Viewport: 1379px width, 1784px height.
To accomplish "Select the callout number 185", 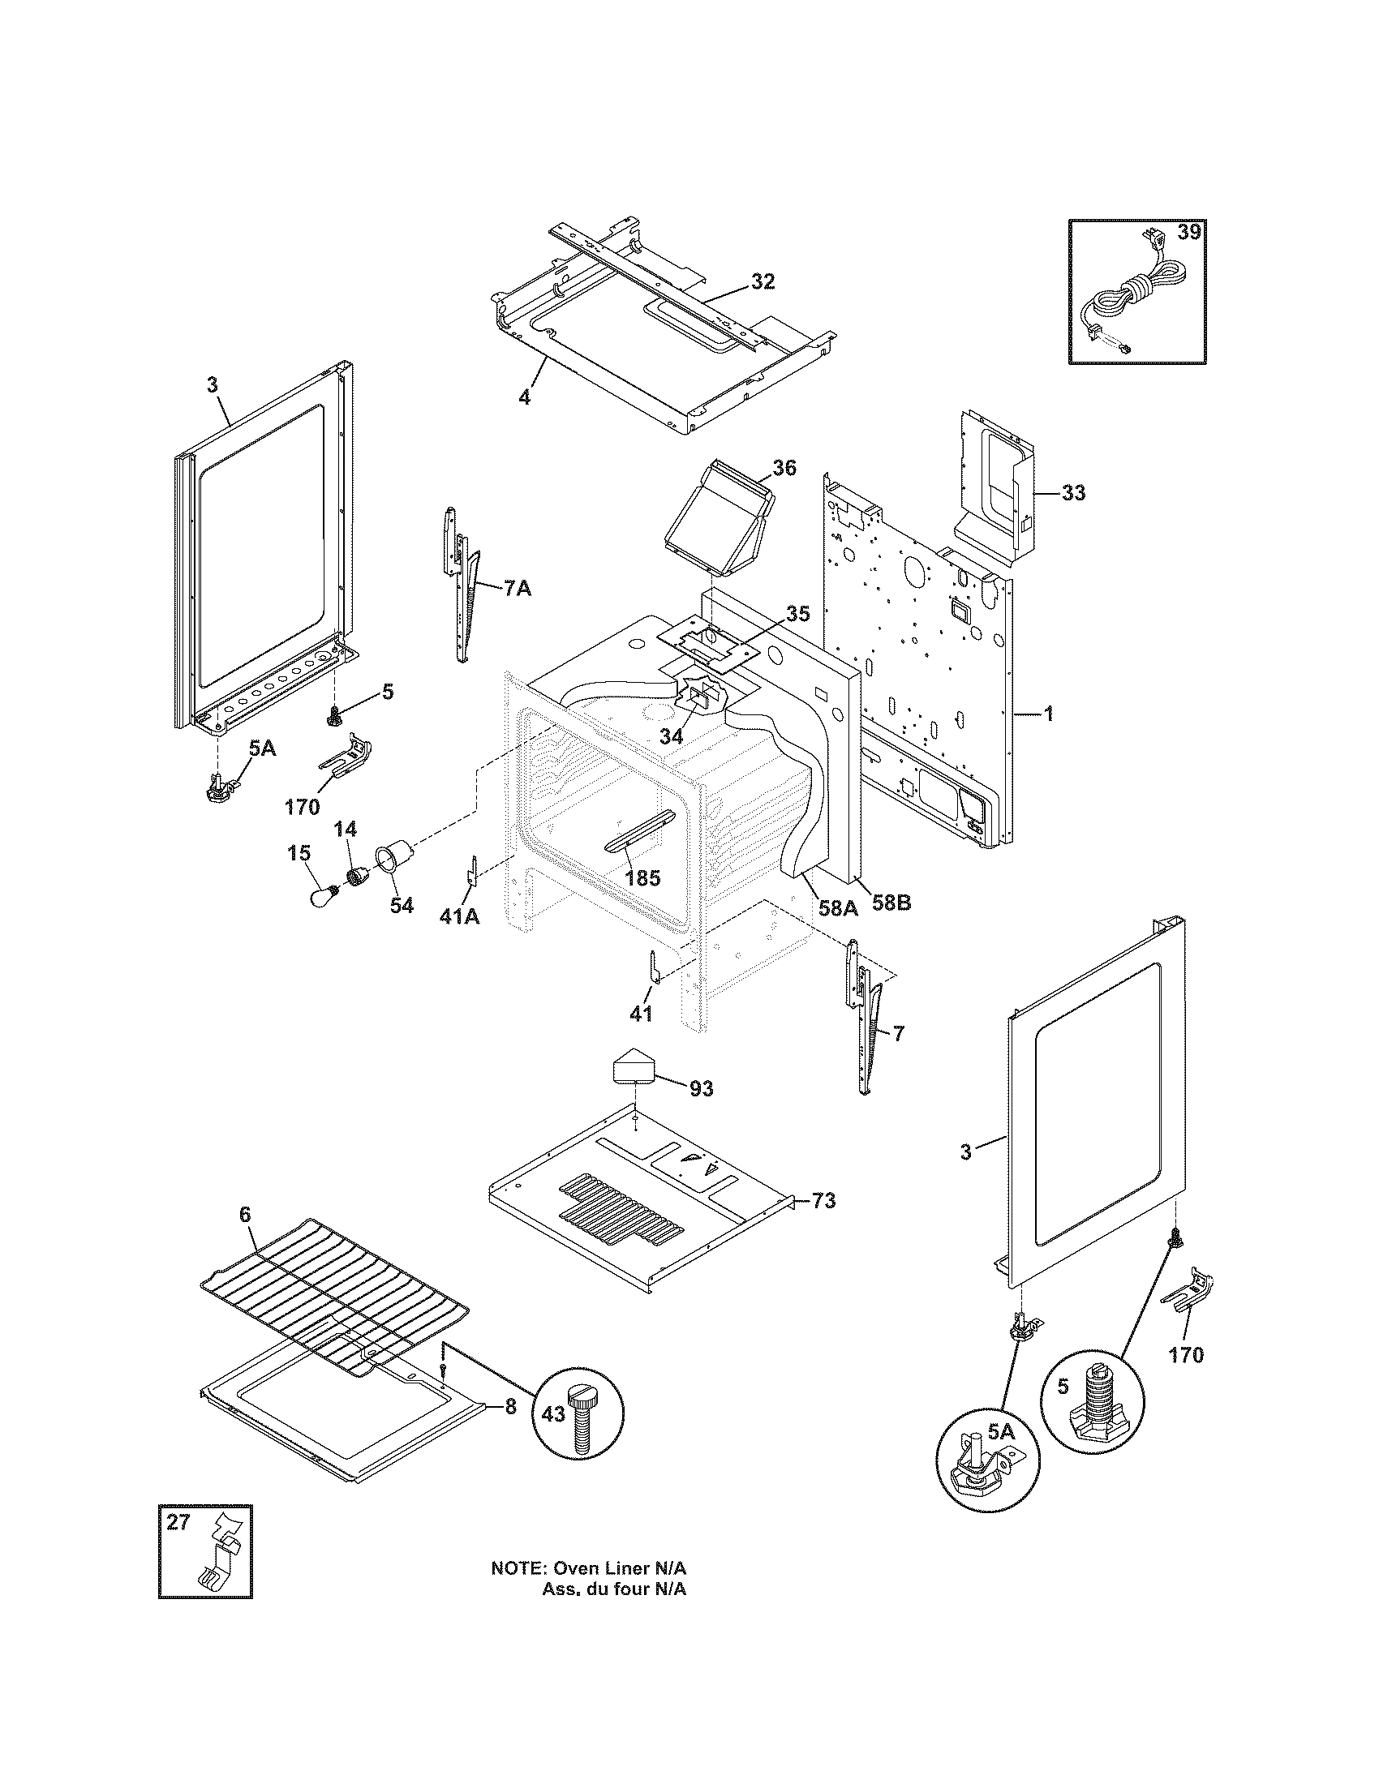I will (x=642, y=879).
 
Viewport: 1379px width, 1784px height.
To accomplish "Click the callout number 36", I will (x=784, y=468).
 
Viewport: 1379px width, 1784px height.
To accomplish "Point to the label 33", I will (x=1073, y=493).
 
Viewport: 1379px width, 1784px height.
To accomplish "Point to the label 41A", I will (x=459, y=917).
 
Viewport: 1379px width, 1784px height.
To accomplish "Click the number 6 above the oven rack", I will (x=245, y=1237).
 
